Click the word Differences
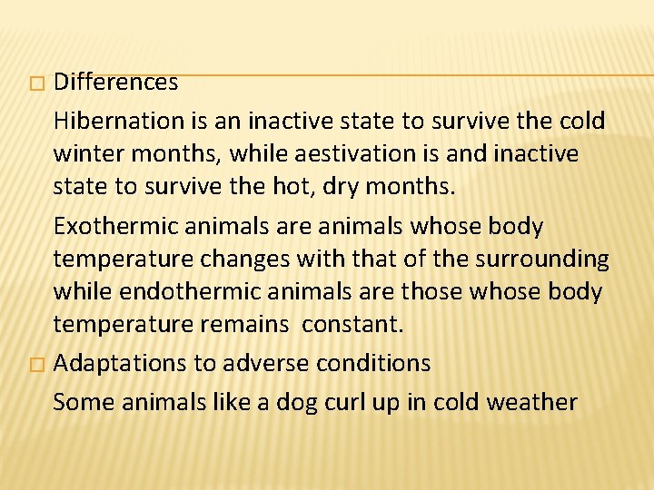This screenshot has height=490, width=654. (x=115, y=83)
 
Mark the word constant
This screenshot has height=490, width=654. (x=351, y=324)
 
